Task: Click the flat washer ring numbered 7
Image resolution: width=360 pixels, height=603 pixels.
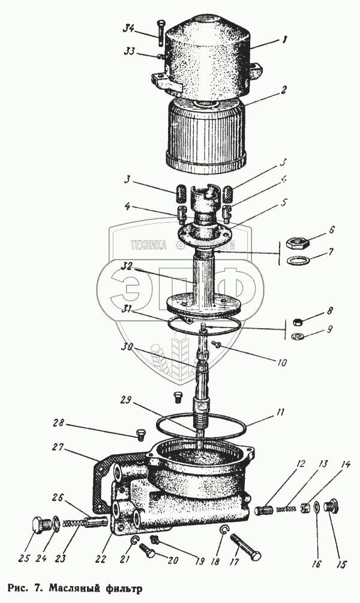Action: tap(295, 262)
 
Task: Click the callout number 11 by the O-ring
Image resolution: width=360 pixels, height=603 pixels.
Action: tap(281, 412)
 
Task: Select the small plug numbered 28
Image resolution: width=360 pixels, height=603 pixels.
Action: tap(140, 433)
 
